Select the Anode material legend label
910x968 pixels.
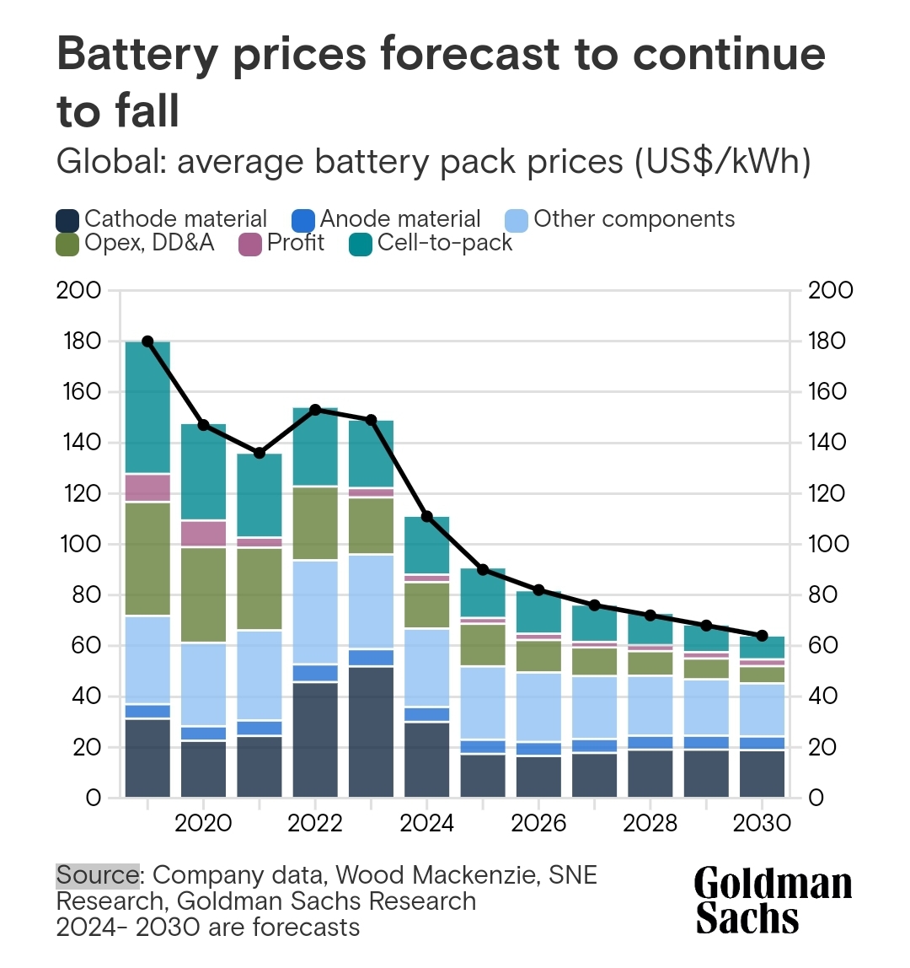[399, 219]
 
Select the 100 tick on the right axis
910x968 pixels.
[830, 545]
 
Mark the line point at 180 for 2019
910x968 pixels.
[147, 341]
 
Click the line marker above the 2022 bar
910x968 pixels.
[315, 410]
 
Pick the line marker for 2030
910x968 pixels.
[763, 635]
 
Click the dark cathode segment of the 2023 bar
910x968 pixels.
[371, 731]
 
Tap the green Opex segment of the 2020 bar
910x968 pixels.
[203, 594]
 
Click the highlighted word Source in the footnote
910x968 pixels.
[97, 875]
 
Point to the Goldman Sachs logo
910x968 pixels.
[773, 901]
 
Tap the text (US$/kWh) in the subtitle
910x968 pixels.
[722, 162]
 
